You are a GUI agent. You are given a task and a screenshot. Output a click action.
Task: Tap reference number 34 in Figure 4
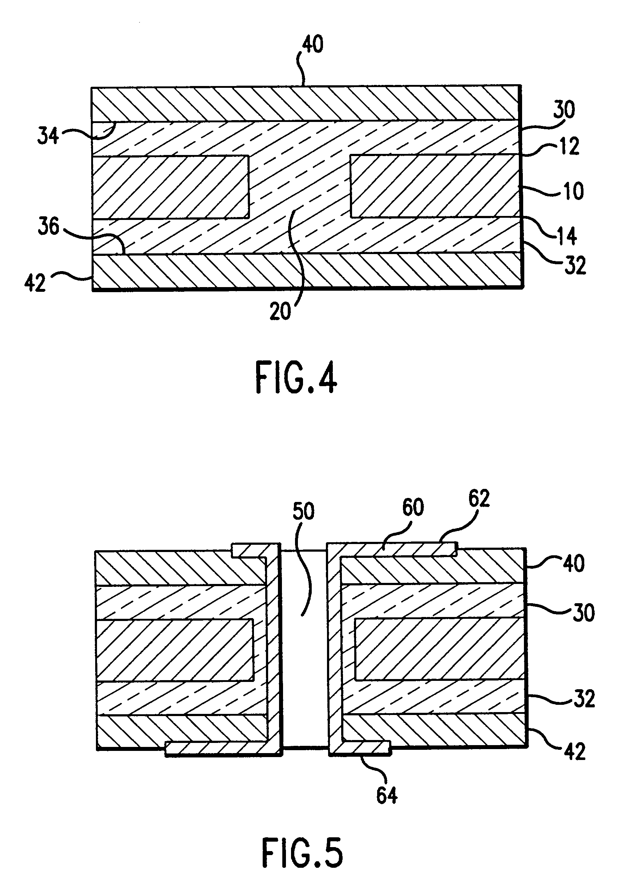pyautogui.click(x=48, y=136)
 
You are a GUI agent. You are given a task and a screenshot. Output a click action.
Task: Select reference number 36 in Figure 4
pyautogui.click(x=48, y=227)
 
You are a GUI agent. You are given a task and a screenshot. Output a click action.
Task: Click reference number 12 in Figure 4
pyautogui.click(x=569, y=146)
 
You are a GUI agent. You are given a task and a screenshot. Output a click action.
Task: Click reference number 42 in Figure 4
pyautogui.click(x=35, y=282)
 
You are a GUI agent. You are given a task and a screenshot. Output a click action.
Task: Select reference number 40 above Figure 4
pyautogui.click(x=313, y=44)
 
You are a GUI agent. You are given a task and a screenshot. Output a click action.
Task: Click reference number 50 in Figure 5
pyautogui.click(x=304, y=511)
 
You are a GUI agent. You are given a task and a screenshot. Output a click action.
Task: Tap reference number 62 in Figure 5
pyautogui.click(x=479, y=499)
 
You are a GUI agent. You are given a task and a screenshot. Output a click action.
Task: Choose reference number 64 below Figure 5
pyautogui.click(x=387, y=795)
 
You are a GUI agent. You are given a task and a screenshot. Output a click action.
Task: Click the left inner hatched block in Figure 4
pyautogui.click(x=170, y=187)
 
